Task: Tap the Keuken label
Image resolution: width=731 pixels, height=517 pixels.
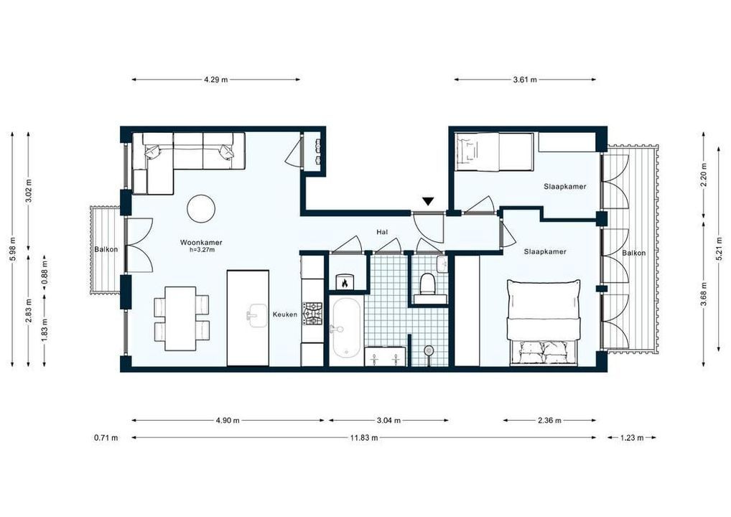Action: coord(284,315)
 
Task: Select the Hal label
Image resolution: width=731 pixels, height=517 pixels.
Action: coord(383,233)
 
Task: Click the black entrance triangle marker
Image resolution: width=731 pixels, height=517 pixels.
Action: coord(428,202)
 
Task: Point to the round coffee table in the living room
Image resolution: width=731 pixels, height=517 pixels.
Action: coord(201,209)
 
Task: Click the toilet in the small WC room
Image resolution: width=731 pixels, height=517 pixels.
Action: coord(428,284)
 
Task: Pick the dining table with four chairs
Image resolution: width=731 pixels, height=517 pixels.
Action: coord(180,318)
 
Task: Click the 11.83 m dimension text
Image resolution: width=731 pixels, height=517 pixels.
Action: coord(364,437)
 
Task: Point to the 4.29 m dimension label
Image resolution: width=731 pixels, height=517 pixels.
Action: coord(215,80)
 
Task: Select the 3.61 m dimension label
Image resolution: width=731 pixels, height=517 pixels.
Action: coord(525,80)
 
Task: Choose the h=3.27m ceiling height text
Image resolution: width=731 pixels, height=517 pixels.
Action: coord(202,251)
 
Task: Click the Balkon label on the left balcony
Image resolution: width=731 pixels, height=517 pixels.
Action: coord(106,249)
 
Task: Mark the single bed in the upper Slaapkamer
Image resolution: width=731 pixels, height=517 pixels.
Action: coord(494,152)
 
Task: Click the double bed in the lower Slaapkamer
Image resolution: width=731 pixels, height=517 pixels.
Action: coord(544,323)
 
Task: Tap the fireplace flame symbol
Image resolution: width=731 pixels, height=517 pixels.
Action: coord(345,283)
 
